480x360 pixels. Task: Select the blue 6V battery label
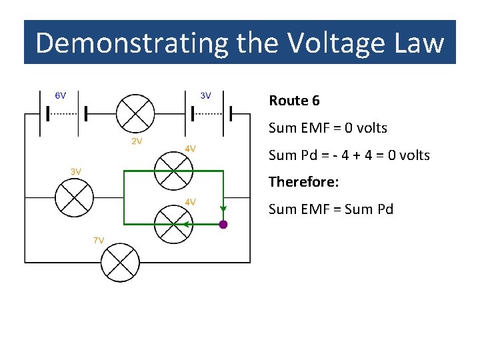(60, 95)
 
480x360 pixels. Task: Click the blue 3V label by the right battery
(206, 95)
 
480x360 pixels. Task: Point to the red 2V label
(135, 141)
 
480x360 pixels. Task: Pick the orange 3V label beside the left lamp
(77, 171)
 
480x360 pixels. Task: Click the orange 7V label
(98, 240)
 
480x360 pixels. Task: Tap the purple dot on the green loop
(223, 225)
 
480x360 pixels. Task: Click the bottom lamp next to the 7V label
(119, 262)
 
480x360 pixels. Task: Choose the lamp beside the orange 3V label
(74, 198)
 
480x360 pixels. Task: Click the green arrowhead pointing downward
(223, 205)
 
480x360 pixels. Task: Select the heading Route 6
(294, 101)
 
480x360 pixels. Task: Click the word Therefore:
(303, 181)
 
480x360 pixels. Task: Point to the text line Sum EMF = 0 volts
(327, 127)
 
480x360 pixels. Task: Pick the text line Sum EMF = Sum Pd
(331, 209)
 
